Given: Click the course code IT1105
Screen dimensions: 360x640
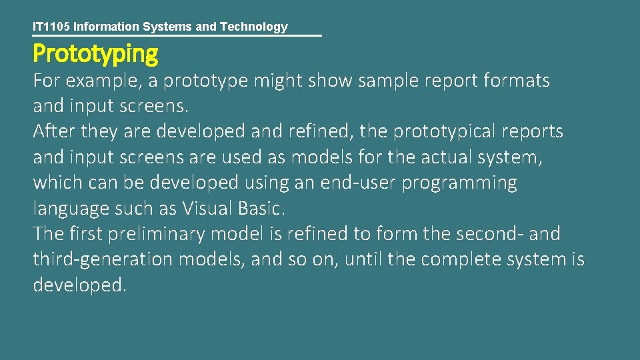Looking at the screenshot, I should coord(51,27).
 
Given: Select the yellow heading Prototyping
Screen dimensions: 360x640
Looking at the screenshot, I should coord(95,53).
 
